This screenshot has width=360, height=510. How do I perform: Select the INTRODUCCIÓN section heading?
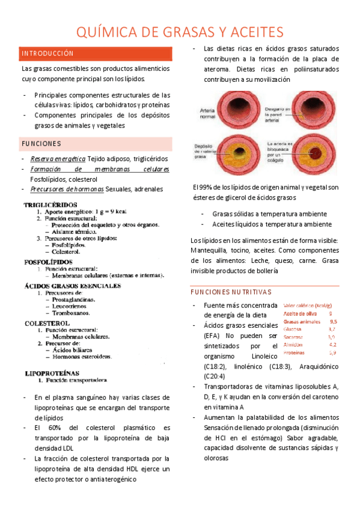point(47,54)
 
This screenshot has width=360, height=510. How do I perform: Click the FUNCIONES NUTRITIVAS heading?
point(230,292)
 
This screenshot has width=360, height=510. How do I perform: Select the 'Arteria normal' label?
point(207,111)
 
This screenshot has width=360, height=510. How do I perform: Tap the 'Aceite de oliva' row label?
point(299,313)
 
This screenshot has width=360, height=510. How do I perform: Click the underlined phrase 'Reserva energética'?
point(59,159)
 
